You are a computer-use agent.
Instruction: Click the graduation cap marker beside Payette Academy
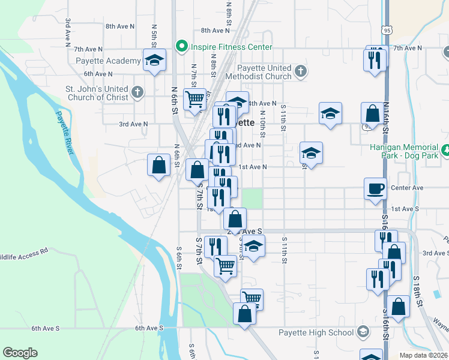tap(154, 60)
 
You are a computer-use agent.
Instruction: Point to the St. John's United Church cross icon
tap(137, 92)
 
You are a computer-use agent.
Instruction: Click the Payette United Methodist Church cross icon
tap(301, 72)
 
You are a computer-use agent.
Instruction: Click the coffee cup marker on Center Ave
tap(376, 188)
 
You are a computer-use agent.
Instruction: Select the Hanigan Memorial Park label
tap(412, 151)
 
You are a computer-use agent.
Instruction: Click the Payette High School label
tap(316, 332)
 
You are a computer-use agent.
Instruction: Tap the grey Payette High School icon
tap(363, 332)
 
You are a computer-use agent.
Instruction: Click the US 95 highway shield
tap(386, 29)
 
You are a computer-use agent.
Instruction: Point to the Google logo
tap(20, 353)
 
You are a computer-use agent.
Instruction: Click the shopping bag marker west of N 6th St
tap(158, 166)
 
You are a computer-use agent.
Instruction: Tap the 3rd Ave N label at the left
tap(133, 124)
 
